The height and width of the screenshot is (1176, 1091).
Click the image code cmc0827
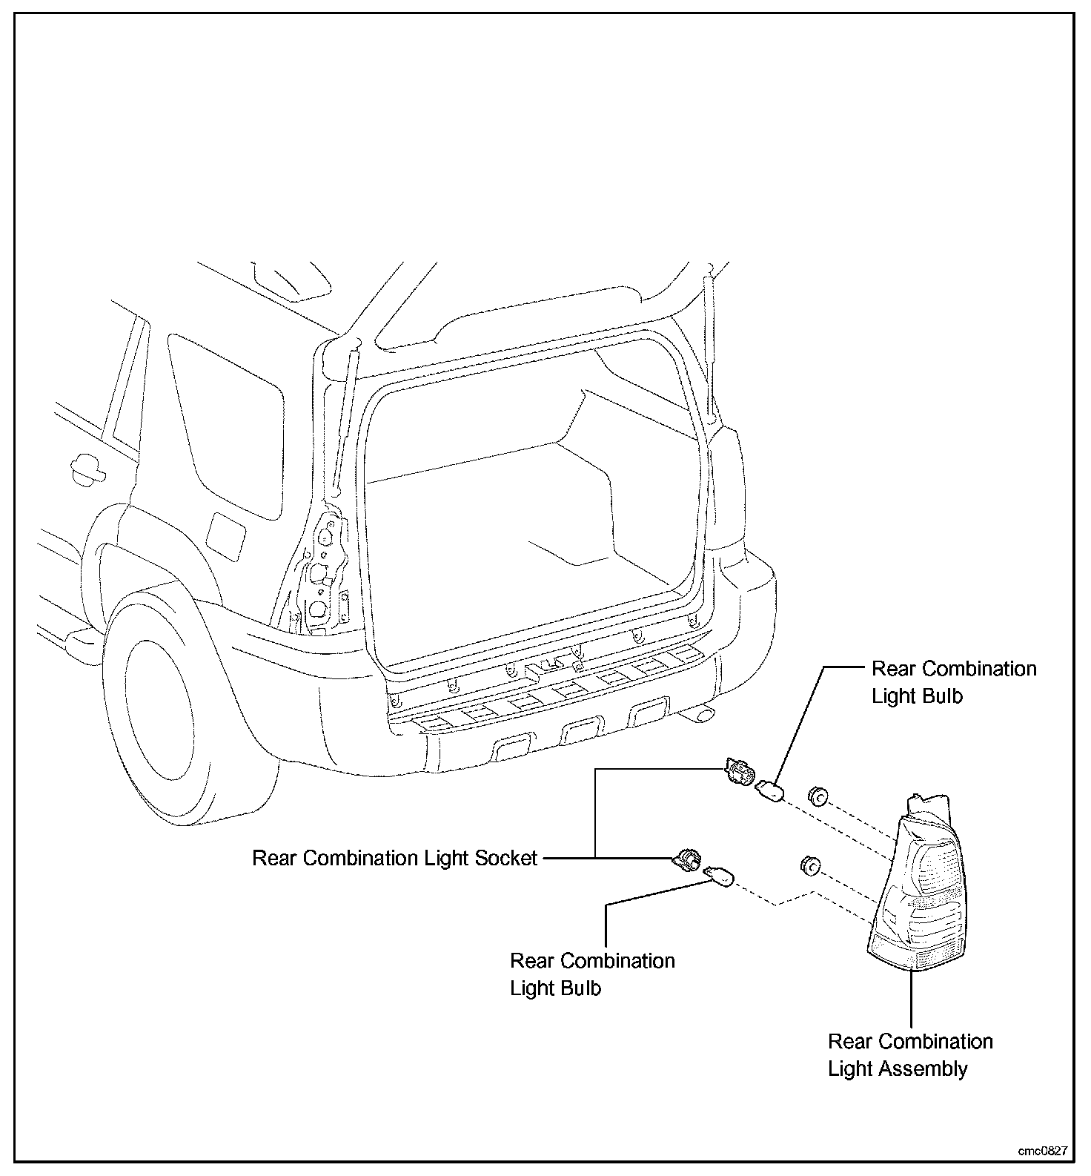pos(1043,1151)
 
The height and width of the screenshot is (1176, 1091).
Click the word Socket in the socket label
pos(498,859)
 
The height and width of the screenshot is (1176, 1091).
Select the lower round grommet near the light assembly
pos(809,865)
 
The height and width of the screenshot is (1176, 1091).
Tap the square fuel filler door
pos(225,535)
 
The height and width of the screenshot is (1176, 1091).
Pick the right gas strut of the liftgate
pos(712,348)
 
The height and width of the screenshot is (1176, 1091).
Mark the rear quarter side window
pos(226,423)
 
